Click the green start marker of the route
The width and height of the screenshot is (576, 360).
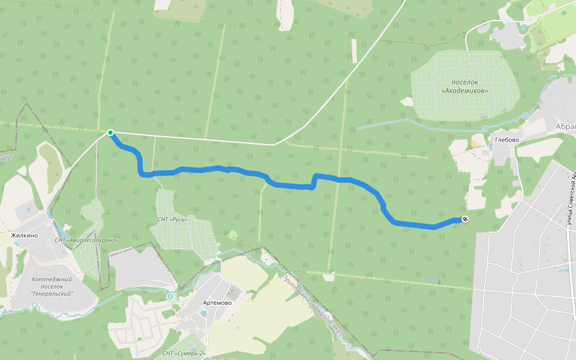[110, 133]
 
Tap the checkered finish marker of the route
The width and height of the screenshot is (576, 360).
[465, 220]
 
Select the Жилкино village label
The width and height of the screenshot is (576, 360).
[25, 235]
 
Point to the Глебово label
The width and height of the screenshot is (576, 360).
[506, 140]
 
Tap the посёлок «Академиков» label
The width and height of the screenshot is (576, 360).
[464, 87]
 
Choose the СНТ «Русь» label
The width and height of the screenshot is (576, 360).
[172, 220]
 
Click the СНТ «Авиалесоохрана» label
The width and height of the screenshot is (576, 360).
[86, 240]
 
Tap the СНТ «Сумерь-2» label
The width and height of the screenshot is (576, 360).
[184, 353]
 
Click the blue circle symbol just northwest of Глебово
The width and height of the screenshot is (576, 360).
[485, 128]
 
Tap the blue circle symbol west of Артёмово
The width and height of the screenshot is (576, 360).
[171, 296]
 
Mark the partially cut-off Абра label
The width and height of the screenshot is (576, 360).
[565, 127]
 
